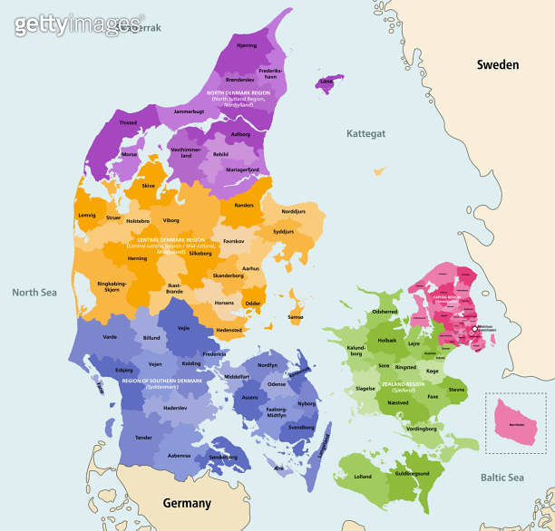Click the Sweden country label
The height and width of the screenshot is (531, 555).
498,64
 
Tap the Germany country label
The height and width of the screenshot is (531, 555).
187,503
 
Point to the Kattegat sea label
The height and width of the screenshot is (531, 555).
365,133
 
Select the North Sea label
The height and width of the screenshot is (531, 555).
34,292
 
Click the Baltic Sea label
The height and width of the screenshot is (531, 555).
501,478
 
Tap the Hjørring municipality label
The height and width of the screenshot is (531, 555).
246,45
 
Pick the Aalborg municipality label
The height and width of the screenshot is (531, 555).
240,134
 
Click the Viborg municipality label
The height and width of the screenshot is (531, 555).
171,220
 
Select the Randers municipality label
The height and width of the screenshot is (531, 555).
244,206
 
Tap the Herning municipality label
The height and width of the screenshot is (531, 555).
137,258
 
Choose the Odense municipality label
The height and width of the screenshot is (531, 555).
277,384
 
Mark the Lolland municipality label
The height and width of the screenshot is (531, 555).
363,476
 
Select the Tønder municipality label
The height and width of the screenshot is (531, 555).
143,437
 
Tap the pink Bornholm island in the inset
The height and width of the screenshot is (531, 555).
514,424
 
